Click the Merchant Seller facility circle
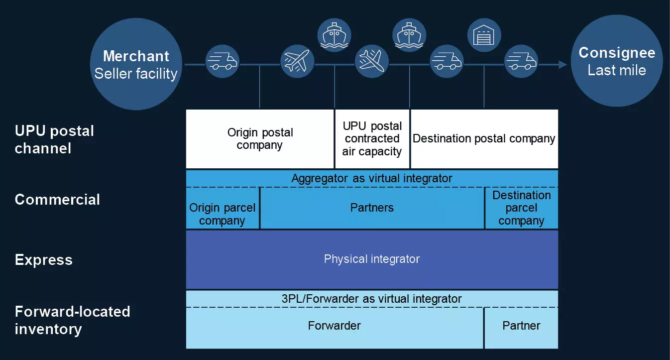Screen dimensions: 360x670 click(136, 65)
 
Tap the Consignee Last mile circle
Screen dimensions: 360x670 click(617, 61)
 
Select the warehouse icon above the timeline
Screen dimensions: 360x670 click(484, 35)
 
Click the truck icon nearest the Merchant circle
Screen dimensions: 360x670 click(222, 61)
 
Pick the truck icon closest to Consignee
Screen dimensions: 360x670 click(521, 61)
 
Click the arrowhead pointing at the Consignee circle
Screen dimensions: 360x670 click(562, 64)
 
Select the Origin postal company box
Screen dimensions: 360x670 click(260, 139)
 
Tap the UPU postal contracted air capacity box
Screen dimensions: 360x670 click(372, 139)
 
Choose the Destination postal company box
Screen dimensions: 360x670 click(484, 139)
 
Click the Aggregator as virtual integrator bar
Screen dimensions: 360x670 click(372, 178)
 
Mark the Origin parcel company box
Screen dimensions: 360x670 click(223, 214)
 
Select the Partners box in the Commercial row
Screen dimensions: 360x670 click(372, 208)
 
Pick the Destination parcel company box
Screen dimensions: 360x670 click(521, 208)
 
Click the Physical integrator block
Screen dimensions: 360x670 click(372, 259)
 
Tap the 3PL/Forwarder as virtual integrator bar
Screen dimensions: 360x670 click(372, 299)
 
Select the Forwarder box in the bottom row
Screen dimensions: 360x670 click(334, 326)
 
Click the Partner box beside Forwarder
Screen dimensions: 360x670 click(521, 326)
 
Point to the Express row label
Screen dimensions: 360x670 click(44, 260)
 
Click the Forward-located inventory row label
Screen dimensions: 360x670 click(72, 320)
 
